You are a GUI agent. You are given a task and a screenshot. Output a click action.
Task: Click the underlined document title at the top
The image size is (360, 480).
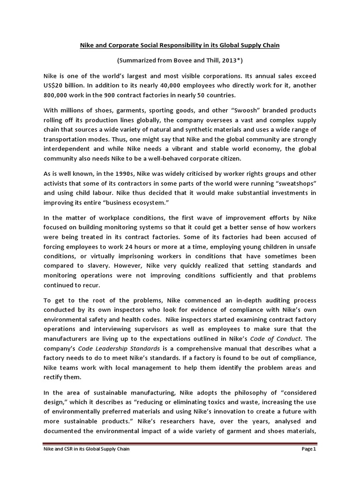coord(180,47)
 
